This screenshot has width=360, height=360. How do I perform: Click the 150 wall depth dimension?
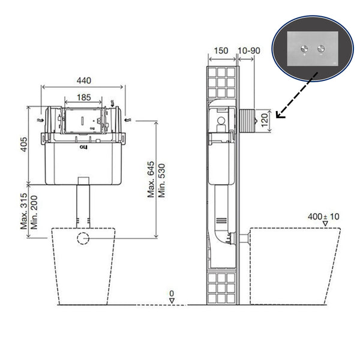pyautogui.click(x=221, y=51)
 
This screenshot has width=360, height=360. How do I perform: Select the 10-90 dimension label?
pyautogui.click(x=249, y=51)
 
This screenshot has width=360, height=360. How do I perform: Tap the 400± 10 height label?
pyautogui.click(x=323, y=216)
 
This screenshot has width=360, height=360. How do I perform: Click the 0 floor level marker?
pyautogui.click(x=171, y=294)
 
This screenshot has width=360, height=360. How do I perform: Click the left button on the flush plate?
pyautogui.click(x=305, y=47)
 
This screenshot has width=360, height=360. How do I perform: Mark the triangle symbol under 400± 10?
pyautogui.click(x=325, y=224)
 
